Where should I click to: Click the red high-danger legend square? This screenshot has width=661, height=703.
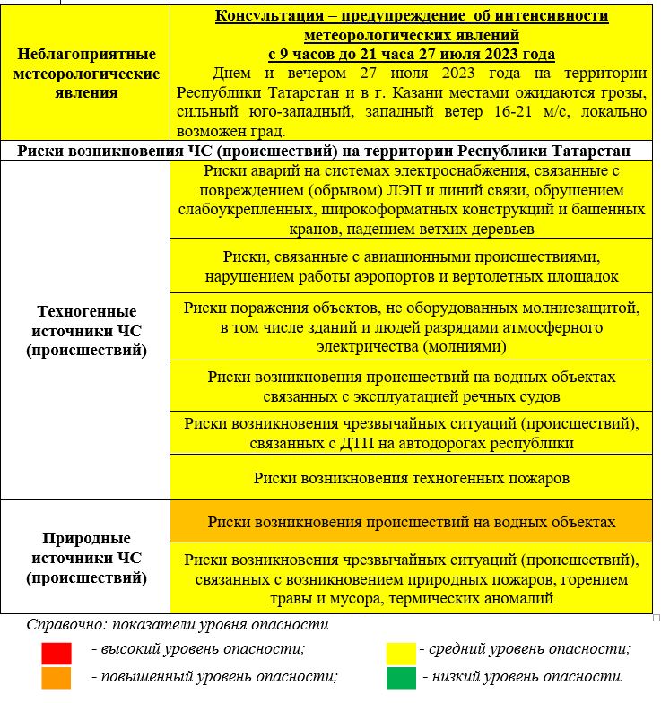pos(55,650)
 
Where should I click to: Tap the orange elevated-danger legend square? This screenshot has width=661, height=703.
pos(55,677)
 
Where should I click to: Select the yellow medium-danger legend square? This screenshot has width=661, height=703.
pos(401,650)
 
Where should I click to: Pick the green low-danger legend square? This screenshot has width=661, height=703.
pos(401,677)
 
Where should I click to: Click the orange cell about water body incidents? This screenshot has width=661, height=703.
pos(411,522)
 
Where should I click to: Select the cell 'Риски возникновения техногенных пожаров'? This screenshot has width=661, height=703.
pos(411,478)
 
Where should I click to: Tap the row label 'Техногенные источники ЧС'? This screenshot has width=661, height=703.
pos(86,330)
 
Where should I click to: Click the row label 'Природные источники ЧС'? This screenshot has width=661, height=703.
pos(86,558)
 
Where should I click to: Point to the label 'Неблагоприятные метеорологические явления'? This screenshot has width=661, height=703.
pos(86,74)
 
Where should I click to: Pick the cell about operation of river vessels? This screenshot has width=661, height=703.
pos(411,386)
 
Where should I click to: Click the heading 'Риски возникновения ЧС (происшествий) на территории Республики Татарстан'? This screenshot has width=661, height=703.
pos(326,151)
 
